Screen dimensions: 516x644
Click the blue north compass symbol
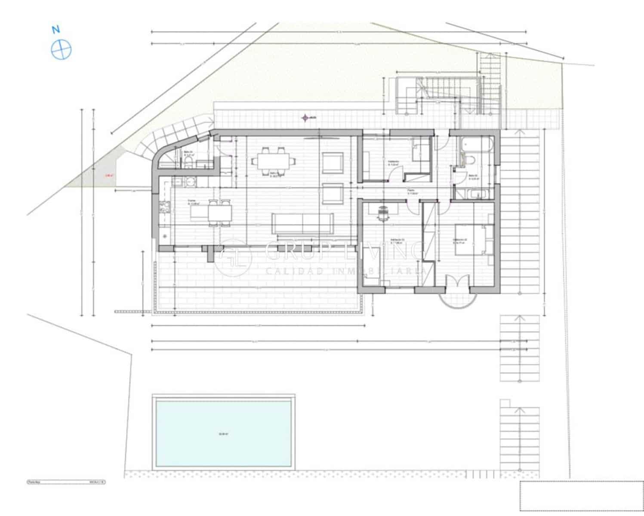tap(61, 49)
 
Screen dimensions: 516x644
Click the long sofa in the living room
tap(302, 223)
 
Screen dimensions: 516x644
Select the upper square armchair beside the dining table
tap(333, 162)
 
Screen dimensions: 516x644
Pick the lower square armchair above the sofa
tap(333, 194)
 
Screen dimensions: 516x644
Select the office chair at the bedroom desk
tap(383, 212)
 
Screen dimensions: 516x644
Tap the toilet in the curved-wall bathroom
tap(188, 162)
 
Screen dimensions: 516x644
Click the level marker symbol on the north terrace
tap(305, 117)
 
